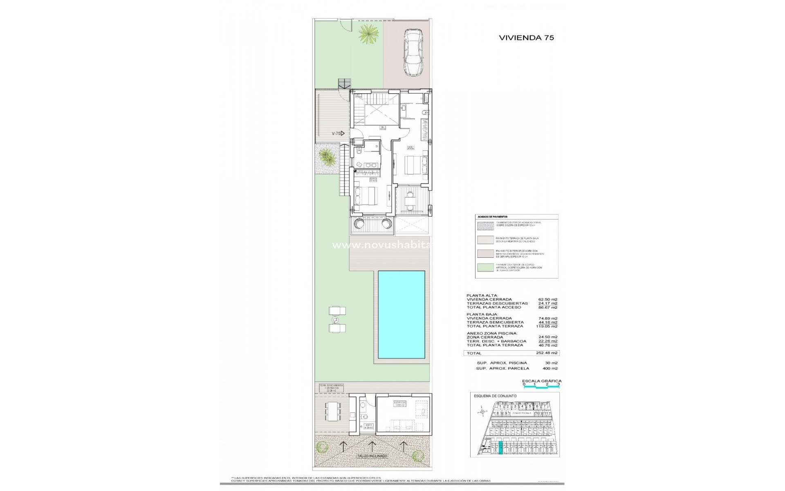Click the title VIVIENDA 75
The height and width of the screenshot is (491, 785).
click(x=526, y=38)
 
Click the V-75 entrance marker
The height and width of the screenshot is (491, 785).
click(x=338, y=133)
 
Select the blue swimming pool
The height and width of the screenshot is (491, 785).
click(x=401, y=313)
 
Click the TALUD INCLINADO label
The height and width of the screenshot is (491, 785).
click(x=372, y=467)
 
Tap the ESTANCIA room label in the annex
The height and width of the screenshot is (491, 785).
click(x=400, y=414)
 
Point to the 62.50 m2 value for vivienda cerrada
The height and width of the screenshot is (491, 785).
click(x=548, y=300)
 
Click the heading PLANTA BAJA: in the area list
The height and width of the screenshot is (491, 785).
click(x=479, y=314)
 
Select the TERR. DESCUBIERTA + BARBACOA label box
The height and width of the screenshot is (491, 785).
click(x=331, y=388)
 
